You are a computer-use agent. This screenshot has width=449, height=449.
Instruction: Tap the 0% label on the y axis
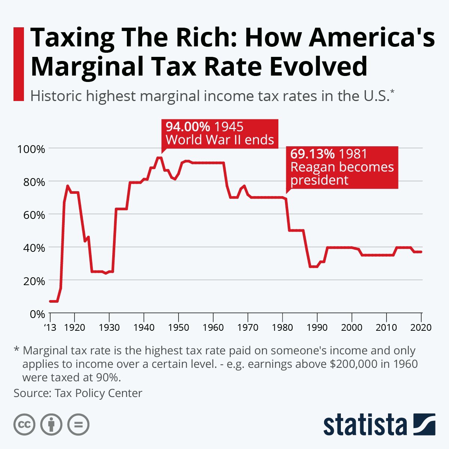coord(37,314)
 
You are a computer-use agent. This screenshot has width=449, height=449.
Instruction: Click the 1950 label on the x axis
coord(178,327)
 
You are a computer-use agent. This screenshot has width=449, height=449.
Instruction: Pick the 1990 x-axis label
coord(317,327)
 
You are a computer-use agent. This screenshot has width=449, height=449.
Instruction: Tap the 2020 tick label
coord(421,327)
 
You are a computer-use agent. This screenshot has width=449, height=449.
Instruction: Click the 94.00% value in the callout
coord(188,126)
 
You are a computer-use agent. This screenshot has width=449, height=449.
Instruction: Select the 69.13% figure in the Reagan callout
coord(312,154)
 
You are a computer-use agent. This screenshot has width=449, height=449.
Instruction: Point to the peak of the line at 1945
coord(159,158)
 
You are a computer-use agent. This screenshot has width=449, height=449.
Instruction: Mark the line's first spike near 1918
coord(67,186)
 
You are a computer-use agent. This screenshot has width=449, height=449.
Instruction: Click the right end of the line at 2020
coord(421,252)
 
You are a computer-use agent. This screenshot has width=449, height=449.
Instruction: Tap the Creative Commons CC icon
coord(24,424)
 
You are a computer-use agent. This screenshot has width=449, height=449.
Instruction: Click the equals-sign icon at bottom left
coord(78,424)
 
